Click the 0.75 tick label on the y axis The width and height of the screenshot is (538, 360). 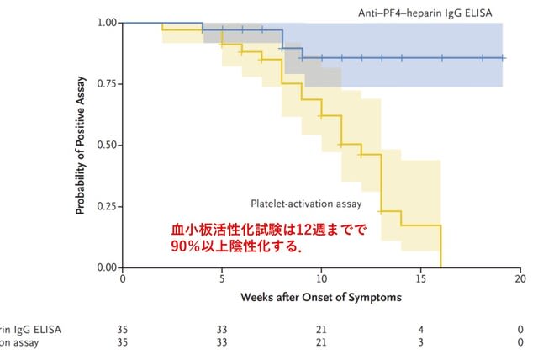107,84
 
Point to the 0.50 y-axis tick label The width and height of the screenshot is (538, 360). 107,145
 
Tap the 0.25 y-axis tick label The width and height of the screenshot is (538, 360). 107,206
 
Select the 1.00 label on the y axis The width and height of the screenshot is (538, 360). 107,23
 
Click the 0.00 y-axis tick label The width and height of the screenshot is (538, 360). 107,267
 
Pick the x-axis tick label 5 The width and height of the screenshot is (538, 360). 222,278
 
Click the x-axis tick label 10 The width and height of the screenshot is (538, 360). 321,278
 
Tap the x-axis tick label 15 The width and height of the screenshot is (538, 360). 420,278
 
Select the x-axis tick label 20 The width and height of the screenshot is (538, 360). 520,278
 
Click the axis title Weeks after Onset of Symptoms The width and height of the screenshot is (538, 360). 321,297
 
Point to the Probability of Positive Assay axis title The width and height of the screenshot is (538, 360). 80,146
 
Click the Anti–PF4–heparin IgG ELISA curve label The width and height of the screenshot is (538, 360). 425,13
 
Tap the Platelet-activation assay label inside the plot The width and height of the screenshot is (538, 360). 306,204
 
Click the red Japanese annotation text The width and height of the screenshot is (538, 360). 269,238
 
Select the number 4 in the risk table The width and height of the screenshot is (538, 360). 420,330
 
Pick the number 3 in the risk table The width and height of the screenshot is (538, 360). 420,342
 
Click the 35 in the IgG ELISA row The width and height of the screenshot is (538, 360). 123,330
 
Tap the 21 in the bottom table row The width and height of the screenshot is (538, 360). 321,342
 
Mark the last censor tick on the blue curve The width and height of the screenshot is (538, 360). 502,58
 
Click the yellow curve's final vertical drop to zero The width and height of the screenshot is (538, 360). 440,246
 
